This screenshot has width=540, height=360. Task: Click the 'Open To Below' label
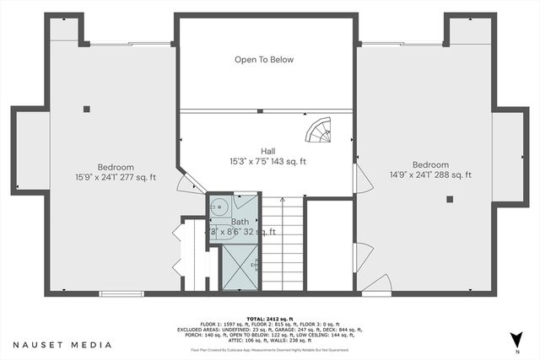click(264, 60)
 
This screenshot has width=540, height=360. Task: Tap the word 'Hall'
click(267, 151)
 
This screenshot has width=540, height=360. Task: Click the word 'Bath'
click(240, 222)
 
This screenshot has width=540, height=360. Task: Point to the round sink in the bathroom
click(219, 206)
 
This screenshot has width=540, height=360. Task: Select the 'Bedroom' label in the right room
click(430, 164)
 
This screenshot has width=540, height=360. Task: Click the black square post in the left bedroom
click(87, 108)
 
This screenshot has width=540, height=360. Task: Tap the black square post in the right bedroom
click(450, 200)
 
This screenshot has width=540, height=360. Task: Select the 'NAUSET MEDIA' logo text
click(62, 344)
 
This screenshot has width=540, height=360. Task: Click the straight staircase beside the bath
click(281, 244)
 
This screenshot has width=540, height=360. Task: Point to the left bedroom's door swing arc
click(190, 181)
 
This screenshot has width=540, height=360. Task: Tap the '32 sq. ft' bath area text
click(260, 232)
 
